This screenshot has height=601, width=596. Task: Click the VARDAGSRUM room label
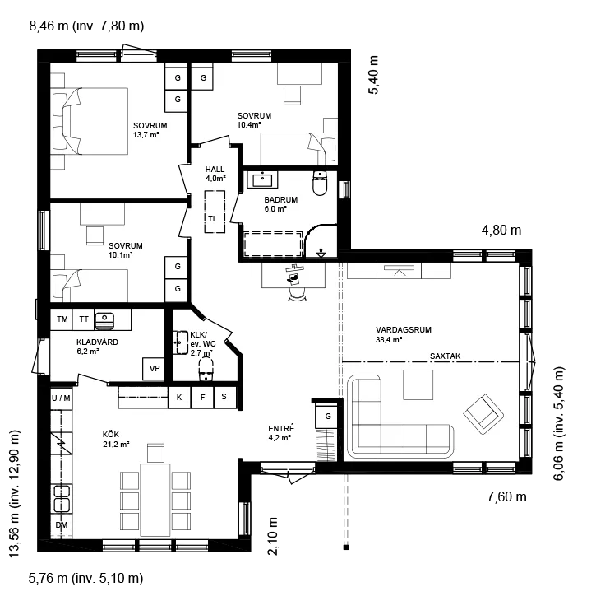coord(404,329)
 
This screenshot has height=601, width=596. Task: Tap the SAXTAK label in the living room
coord(446,356)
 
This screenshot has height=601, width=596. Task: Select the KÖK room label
coord(111,434)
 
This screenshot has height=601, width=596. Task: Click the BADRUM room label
coord(280,200)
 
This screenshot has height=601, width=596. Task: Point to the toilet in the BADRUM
coord(320,183)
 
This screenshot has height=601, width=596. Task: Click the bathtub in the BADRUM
coord(273,244)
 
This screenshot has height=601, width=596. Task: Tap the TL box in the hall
coord(215,212)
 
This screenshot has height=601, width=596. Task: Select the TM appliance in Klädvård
coord(62,319)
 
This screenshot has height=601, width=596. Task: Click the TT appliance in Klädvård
coord(84,319)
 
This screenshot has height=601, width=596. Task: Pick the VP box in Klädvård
coord(154,369)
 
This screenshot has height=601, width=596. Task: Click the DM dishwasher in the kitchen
coord(62,525)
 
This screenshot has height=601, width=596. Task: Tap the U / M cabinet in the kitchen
coord(62,398)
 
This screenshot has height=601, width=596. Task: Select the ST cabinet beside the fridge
coord(226,397)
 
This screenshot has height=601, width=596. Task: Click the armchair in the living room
coord(483,414)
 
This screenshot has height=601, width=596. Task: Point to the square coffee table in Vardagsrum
coord(418,384)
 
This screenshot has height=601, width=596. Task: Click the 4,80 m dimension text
coord(501,230)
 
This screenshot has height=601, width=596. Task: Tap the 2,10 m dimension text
coord(273,536)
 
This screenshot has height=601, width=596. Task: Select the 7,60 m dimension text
coord(507,496)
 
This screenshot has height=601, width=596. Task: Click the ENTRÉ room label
coord(281,428)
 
